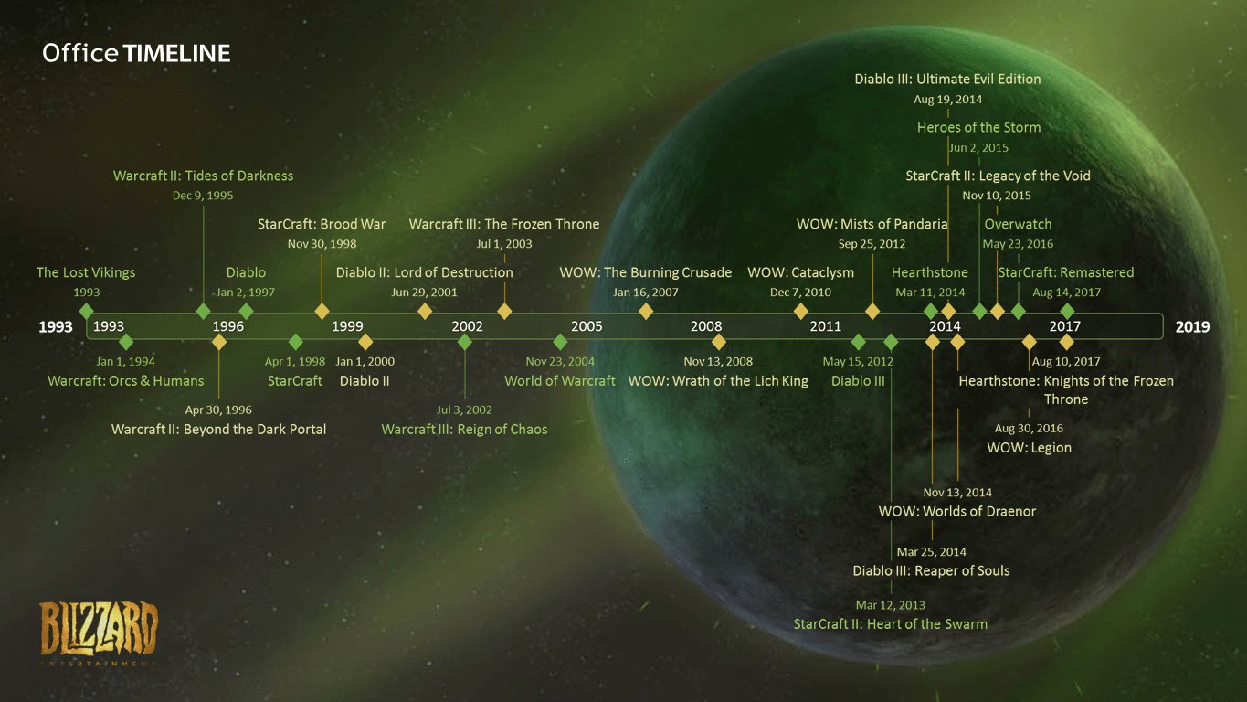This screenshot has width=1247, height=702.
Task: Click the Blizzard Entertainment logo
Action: point(99,631)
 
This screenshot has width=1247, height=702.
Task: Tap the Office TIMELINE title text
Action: point(136,53)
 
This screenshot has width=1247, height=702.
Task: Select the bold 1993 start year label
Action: point(56,326)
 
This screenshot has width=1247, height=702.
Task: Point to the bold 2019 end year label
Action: point(1192,326)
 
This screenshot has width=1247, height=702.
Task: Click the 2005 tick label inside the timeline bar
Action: point(587,326)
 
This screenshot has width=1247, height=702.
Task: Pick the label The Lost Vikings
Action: point(86,272)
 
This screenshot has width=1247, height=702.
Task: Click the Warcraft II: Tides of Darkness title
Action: point(203,175)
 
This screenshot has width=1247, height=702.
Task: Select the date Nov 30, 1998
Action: point(322,244)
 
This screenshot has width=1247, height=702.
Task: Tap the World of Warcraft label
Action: point(560,380)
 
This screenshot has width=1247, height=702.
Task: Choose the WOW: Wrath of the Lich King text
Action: point(718,380)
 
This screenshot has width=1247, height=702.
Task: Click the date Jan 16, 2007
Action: point(646,292)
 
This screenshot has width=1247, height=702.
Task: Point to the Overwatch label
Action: point(1018,224)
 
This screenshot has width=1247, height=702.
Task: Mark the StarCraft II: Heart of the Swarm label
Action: point(891,624)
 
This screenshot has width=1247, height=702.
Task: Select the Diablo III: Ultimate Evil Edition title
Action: point(947,80)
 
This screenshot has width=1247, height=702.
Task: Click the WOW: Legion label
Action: point(1029,448)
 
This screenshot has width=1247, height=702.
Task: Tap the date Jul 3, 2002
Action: point(464,409)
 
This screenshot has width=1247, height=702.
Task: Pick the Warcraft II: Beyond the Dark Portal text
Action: point(218,429)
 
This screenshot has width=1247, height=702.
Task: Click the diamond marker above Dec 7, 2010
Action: point(801,311)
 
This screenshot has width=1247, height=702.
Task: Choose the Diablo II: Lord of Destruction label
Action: point(425,272)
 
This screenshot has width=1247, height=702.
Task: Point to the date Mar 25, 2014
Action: point(931,552)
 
